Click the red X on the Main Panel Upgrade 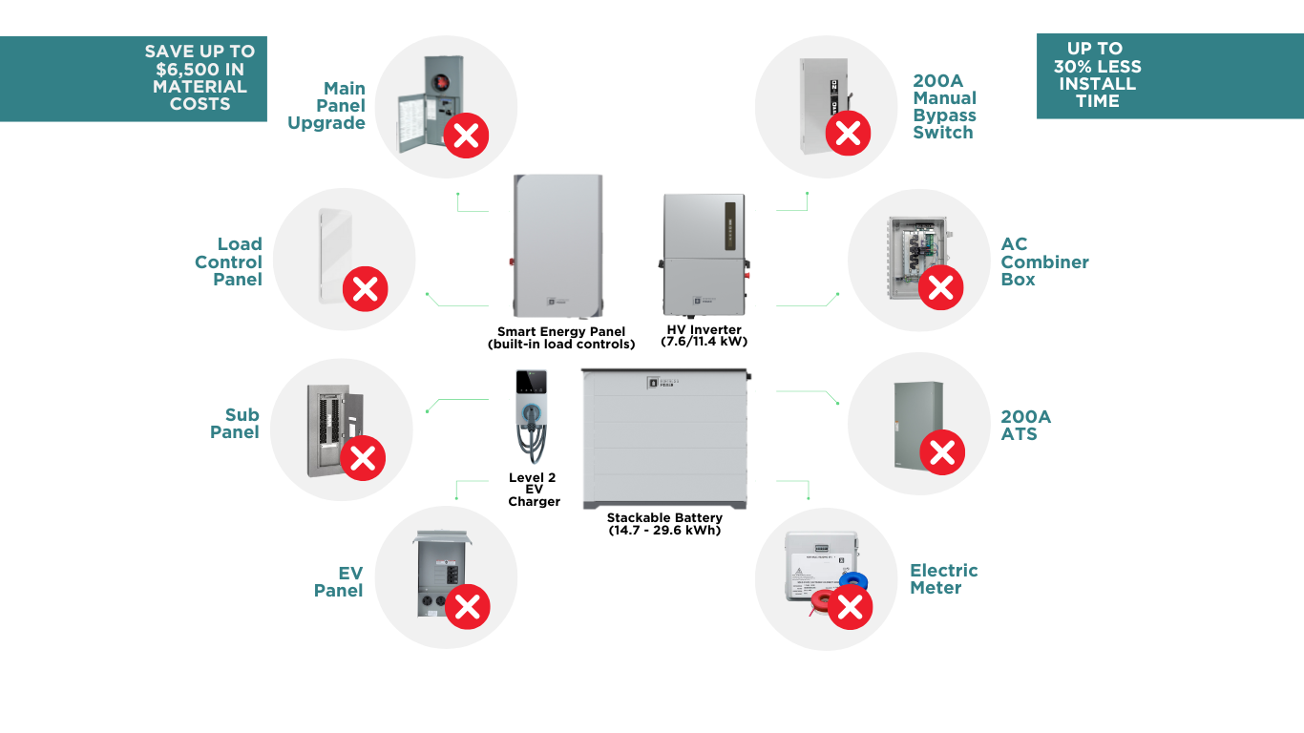pyautogui.click(x=466, y=136)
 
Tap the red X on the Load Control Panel pyautogui.click(x=365, y=288)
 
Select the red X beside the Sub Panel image pyautogui.click(x=363, y=458)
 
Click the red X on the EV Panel pyautogui.click(x=468, y=607)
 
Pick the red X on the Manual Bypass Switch pyautogui.click(x=848, y=133)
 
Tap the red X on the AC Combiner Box pyautogui.click(x=940, y=286)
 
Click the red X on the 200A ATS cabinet pyautogui.click(x=941, y=452)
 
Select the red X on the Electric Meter pyautogui.click(x=850, y=607)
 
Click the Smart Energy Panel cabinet pyautogui.click(x=559, y=246)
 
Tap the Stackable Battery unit pyautogui.click(x=664, y=439)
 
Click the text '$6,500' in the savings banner pyautogui.click(x=200, y=70)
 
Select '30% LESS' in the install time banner pyautogui.click(x=1097, y=67)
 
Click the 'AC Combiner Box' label pyautogui.click(x=1044, y=262)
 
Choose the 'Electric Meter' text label pyautogui.click(x=943, y=579)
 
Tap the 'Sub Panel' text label pyautogui.click(x=236, y=424)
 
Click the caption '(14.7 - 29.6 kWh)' pyautogui.click(x=664, y=531)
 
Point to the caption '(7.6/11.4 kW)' pyautogui.click(x=703, y=342)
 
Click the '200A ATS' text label pyautogui.click(x=1025, y=426)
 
